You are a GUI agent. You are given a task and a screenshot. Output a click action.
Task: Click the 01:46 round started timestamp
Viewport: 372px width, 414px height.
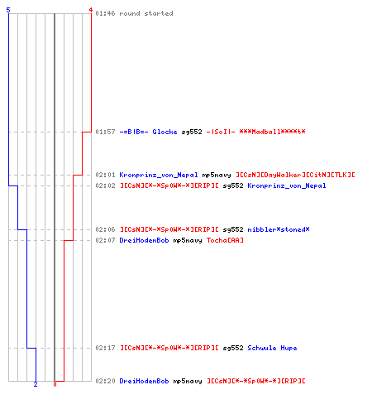click(105, 13)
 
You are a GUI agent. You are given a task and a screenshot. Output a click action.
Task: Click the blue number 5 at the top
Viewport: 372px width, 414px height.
click(8, 10)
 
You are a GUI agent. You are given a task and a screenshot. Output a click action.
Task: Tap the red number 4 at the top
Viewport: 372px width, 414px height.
click(91, 10)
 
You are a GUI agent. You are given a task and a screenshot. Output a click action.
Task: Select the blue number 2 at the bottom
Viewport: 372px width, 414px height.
click(36, 384)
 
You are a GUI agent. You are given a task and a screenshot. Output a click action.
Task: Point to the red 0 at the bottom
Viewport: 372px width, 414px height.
click(55, 384)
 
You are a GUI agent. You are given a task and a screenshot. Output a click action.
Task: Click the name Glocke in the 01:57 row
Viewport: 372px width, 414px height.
click(165, 132)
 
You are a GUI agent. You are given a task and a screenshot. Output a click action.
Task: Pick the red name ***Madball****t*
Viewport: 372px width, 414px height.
click(272, 132)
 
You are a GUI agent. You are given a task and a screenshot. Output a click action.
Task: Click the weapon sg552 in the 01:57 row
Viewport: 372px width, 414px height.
click(192, 132)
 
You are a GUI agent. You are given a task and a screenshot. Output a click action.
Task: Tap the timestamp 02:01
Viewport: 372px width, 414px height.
click(105, 175)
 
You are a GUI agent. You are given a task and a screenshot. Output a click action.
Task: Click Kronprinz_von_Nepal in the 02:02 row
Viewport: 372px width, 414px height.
click(287, 185)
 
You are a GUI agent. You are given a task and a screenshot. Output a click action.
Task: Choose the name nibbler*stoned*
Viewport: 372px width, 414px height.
click(279, 229)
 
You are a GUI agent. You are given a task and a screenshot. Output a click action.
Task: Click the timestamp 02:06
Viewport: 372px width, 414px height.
click(105, 229)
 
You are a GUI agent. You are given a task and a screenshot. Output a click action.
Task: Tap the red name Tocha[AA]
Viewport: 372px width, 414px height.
click(225, 240)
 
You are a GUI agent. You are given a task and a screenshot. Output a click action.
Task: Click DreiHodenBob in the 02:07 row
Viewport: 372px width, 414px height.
click(144, 240)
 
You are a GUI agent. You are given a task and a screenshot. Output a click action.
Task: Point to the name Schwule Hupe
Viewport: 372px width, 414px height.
click(272, 348)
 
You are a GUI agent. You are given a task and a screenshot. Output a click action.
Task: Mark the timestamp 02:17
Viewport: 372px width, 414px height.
click(105, 348)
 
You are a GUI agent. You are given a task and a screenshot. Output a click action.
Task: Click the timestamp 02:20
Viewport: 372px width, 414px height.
click(105, 381)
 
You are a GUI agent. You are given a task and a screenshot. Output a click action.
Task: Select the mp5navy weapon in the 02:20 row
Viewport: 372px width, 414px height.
click(188, 381)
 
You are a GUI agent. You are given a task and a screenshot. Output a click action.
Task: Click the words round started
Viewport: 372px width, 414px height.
click(146, 13)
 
